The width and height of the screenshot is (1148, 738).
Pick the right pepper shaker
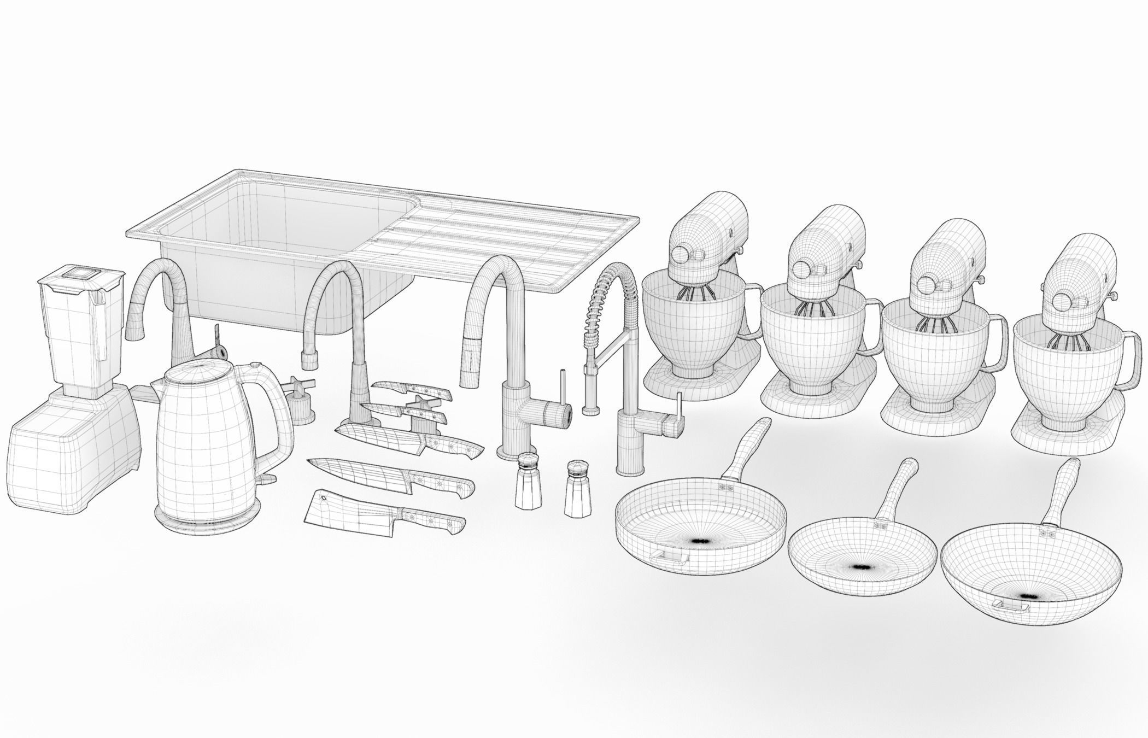pos(577,489)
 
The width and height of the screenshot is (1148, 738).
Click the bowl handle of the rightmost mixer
pos(1132,361)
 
